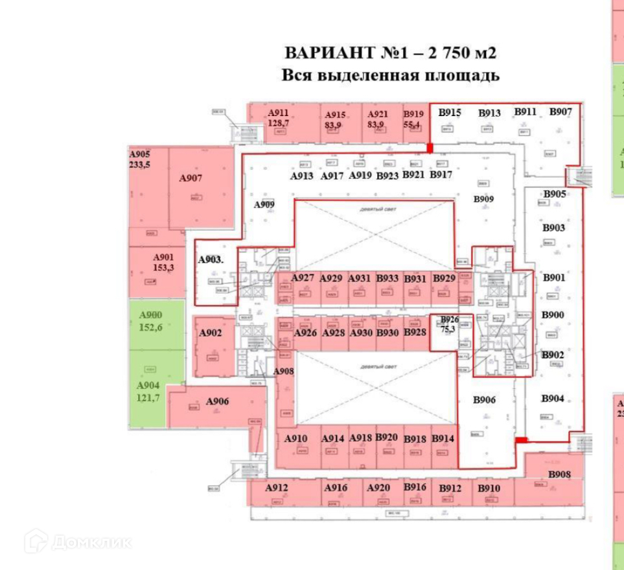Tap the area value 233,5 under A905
140,165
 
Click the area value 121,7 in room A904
149,397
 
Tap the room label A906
218,401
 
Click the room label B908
559,475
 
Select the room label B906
483,399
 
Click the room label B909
483,199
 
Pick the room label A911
279,113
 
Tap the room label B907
560,112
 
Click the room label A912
277,488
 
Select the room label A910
295,438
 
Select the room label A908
284,371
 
